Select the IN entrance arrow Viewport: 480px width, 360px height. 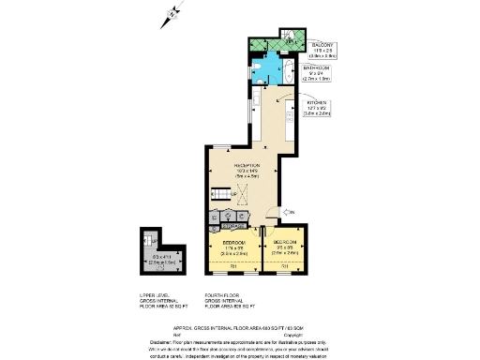(x=290, y=214)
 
